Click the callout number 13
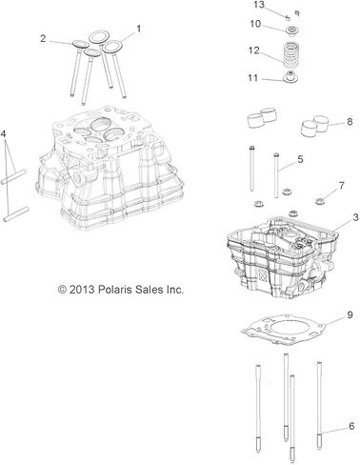coord(259,5)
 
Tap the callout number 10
coord(255,24)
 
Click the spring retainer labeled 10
coord(290,30)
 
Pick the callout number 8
coord(350,121)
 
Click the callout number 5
coord(300,159)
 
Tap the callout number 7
coord(341,185)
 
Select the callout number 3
coord(355,217)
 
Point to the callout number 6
coord(351,426)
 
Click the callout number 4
coord(4,134)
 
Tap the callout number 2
coord(43,39)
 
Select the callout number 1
coord(138,29)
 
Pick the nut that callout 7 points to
coord(319,201)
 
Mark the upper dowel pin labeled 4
coord(13,177)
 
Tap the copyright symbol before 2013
coord(62,290)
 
